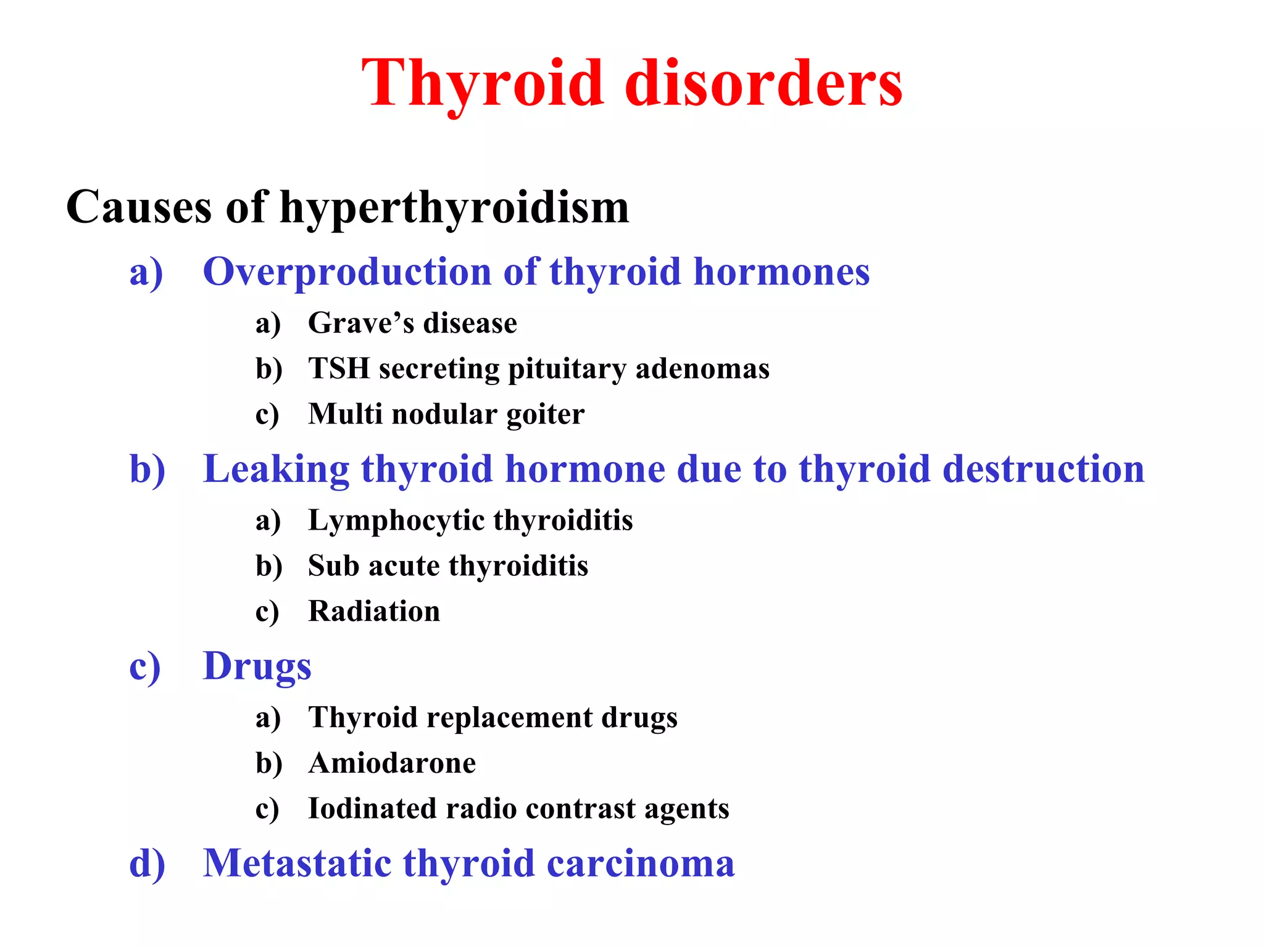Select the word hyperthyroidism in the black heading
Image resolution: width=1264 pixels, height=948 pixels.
point(454,208)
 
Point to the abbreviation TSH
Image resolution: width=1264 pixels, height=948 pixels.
point(339,368)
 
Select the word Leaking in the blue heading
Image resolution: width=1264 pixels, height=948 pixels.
point(276,470)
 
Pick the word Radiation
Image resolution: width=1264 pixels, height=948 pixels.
point(374,612)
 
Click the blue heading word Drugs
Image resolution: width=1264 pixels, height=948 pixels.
point(257,667)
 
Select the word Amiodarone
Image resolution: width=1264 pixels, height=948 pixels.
point(392,763)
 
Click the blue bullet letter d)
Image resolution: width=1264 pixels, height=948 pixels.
point(147,863)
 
